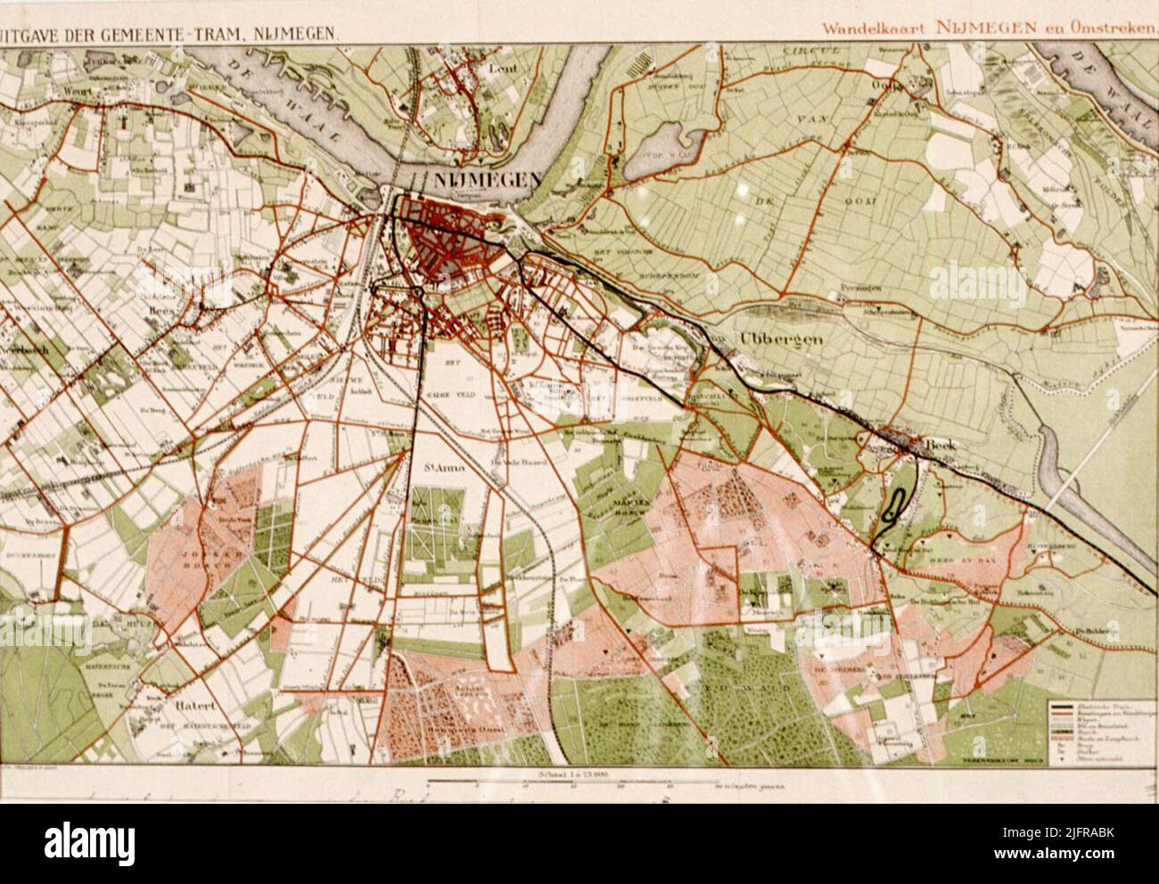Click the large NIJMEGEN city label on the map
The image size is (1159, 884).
click(x=486, y=179)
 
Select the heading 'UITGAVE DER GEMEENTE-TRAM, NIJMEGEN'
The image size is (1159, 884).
click(x=169, y=32)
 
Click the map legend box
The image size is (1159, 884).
click(x=1100, y=728)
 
